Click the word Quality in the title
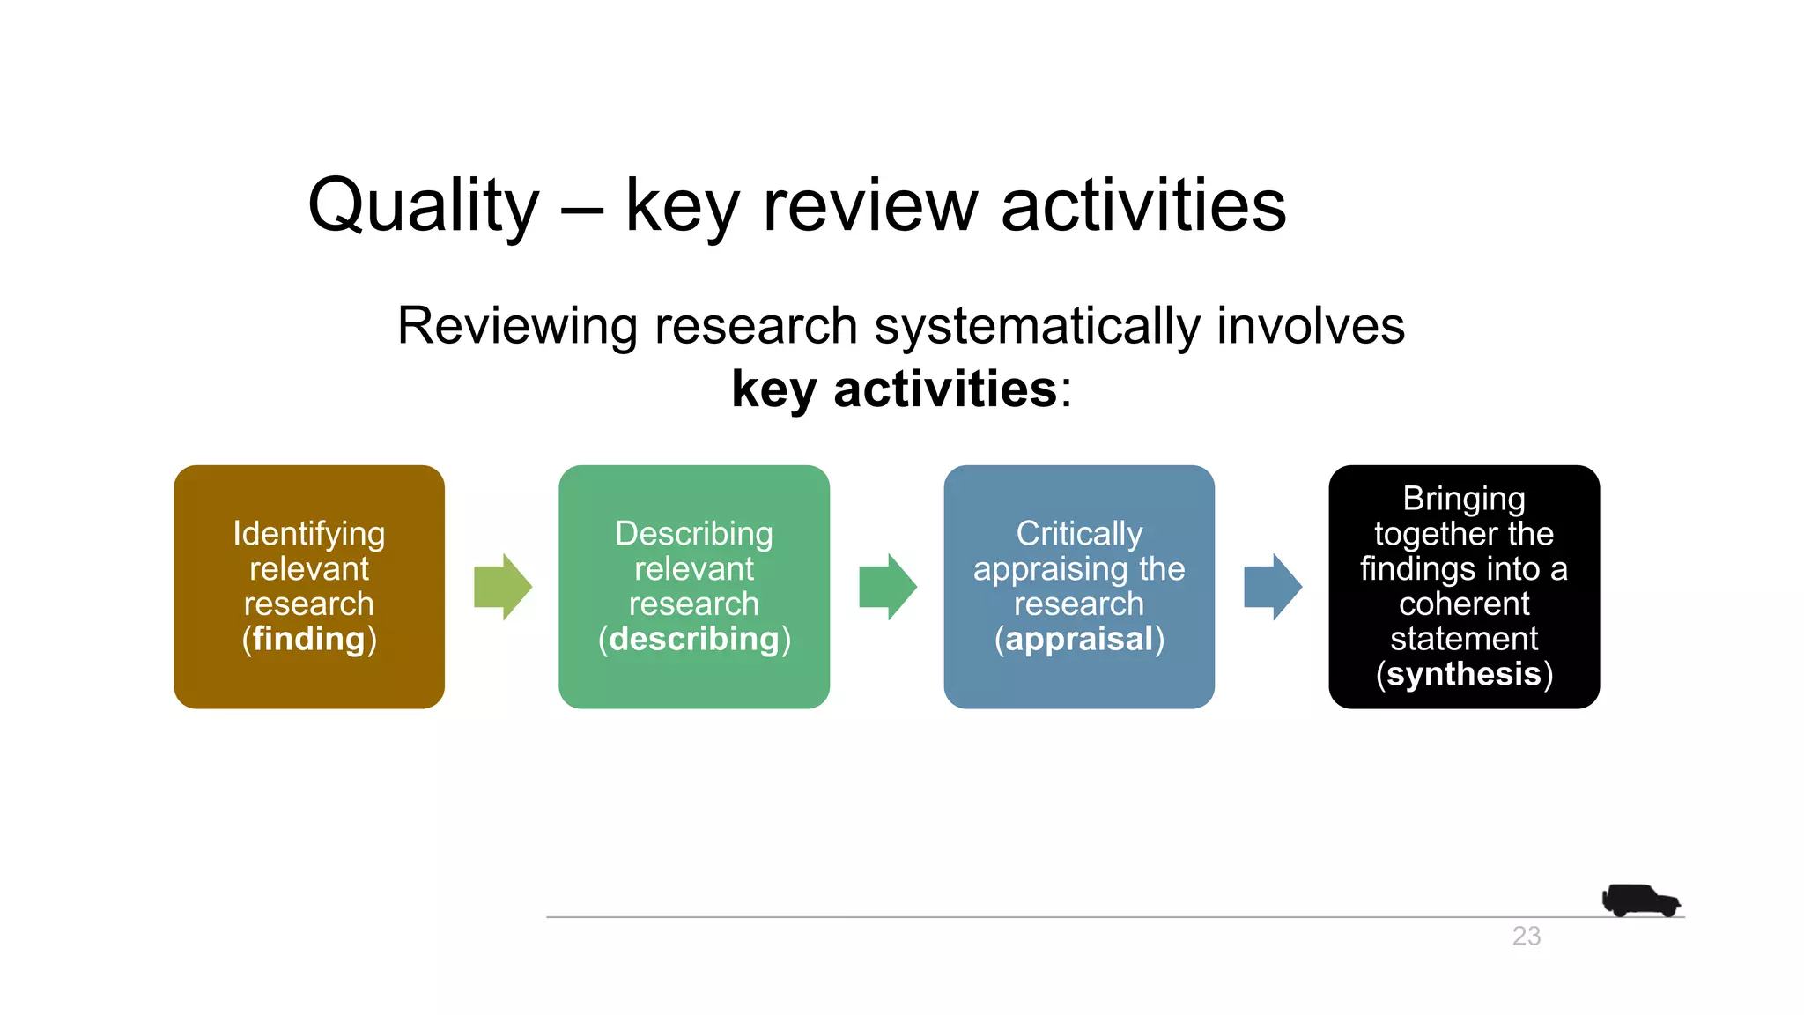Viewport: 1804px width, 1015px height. pyautogui.click(x=423, y=205)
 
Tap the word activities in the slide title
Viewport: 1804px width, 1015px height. pyautogui.click(x=1143, y=205)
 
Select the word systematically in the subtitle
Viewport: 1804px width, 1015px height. pyautogui.click(x=1036, y=325)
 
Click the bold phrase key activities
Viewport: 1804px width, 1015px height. pyautogui.click(x=894, y=389)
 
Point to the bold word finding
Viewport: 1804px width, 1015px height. pyautogui.click(x=309, y=639)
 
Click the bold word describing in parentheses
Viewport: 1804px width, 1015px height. pyautogui.click(x=694, y=639)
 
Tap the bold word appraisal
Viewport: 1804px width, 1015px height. pyautogui.click(x=1079, y=639)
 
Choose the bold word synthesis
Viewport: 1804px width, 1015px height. pyautogui.click(x=1464, y=674)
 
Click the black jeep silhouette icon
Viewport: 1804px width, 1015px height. pyautogui.click(x=1639, y=900)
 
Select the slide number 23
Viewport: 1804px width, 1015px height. pyautogui.click(x=1527, y=936)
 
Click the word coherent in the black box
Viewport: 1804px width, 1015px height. pyautogui.click(x=1464, y=604)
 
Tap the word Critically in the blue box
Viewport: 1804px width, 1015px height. pyautogui.click(x=1079, y=533)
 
